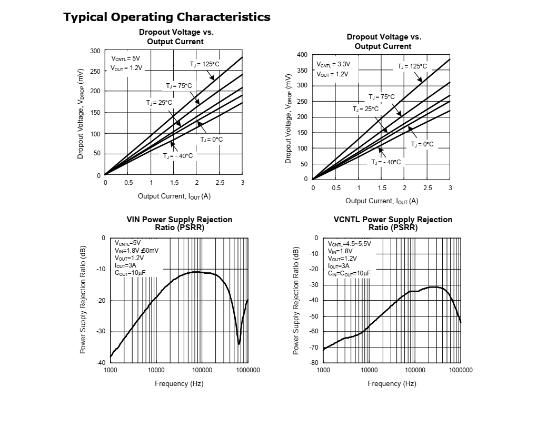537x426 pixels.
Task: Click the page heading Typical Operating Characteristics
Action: (167, 17)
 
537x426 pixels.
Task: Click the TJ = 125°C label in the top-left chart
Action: (204, 64)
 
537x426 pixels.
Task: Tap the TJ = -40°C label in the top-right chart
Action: (386, 162)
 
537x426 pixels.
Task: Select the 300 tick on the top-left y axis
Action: (95, 51)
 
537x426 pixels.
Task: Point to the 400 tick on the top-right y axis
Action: (302, 55)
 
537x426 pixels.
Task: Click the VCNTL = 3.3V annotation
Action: (333, 64)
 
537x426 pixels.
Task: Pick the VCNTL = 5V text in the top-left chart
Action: (126, 58)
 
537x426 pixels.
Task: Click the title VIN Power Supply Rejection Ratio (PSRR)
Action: (179, 223)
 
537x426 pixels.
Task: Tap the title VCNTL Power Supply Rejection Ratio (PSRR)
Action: (393, 223)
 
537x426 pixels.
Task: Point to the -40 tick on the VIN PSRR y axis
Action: (100, 362)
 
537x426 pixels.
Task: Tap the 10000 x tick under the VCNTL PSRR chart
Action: (369, 370)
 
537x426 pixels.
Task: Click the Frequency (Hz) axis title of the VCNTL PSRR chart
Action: (392, 383)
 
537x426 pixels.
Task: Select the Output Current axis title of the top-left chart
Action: (174, 196)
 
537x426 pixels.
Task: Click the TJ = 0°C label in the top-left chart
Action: (212, 140)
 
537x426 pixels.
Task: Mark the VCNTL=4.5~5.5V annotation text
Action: (350, 244)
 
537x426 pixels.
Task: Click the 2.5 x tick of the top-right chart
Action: (427, 188)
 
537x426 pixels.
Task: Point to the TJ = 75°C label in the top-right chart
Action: (381, 97)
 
